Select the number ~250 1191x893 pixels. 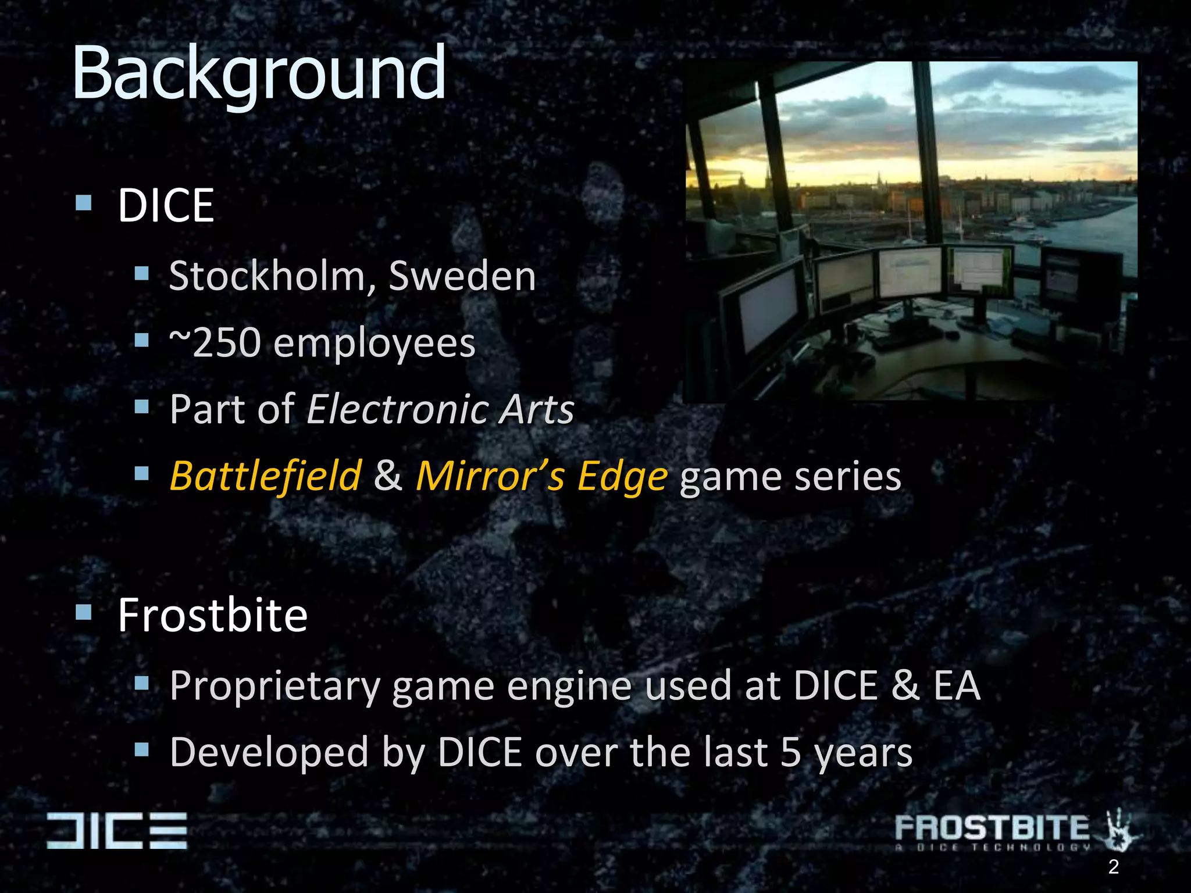(215, 342)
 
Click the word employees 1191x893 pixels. (374, 344)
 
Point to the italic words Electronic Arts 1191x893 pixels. (440, 409)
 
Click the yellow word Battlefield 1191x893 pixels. (266, 476)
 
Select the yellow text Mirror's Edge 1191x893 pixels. (541, 476)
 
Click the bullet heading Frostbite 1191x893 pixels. (212, 615)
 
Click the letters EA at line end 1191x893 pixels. (957, 685)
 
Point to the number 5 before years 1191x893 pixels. (791, 752)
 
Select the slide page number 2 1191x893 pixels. (1113, 867)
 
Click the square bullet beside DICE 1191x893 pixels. (84, 203)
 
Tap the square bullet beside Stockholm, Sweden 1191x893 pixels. (142, 273)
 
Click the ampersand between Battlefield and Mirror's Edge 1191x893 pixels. (388, 475)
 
